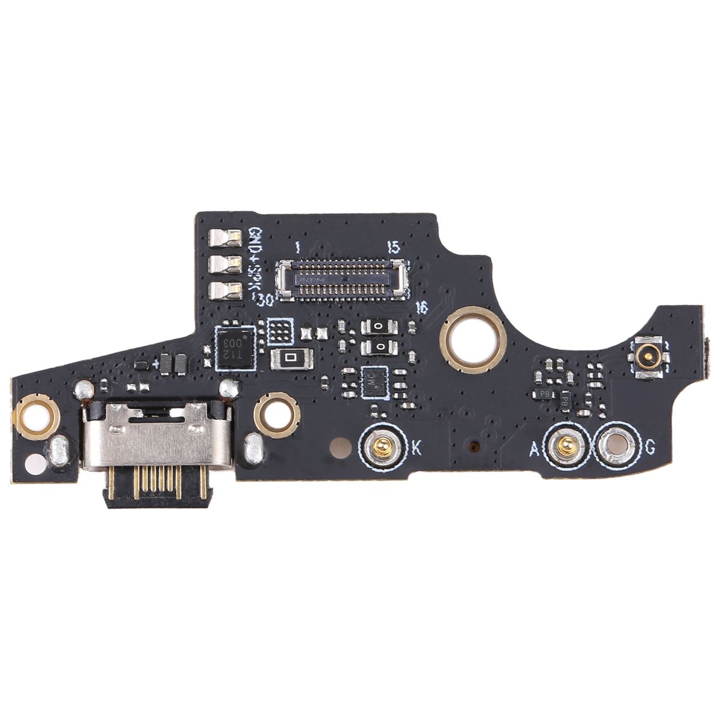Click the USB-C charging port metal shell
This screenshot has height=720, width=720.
[x=157, y=436]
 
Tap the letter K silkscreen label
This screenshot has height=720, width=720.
[x=415, y=447]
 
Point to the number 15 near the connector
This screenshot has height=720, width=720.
[x=393, y=247]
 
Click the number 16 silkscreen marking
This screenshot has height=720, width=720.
[x=422, y=308]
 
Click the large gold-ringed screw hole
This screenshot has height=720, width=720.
[x=473, y=340]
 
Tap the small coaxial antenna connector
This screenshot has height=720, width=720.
[x=647, y=359]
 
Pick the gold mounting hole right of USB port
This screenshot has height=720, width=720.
[x=276, y=414]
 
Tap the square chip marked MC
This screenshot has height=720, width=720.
[x=376, y=382]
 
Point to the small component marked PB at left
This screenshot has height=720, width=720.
[x=545, y=394]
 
